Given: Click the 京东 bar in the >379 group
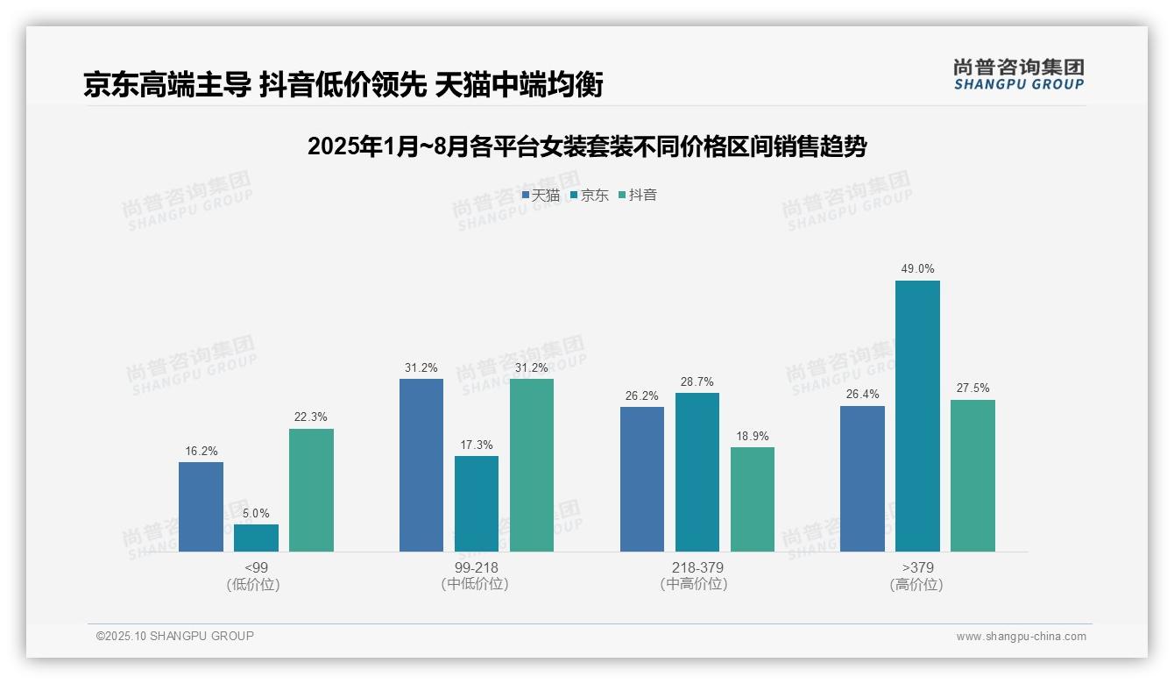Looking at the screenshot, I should [x=917, y=416].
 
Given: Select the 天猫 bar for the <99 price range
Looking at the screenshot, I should [x=201, y=507].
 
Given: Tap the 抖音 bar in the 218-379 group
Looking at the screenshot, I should [x=753, y=499].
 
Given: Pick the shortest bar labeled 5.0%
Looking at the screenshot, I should [x=256, y=538].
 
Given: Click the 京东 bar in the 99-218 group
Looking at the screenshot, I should [x=477, y=503].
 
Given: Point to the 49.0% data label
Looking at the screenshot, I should [x=917, y=269].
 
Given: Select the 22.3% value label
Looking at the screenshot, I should [x=311, y=417].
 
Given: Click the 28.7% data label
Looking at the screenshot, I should [x=697, y=381].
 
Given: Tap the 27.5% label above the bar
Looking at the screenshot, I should [x=972, y=388].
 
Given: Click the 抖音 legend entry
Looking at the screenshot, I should [x=638, y=195].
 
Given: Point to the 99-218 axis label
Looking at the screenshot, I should [x=476, y=567].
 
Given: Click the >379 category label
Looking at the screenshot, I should [x=917, y=567].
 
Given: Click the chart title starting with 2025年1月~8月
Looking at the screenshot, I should [x=586, y=146].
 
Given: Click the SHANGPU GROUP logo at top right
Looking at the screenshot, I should [x=1018, y=75].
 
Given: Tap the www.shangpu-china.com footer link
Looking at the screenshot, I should [x=1021, y=637].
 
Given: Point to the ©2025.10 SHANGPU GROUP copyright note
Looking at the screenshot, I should [x=175, y=636].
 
